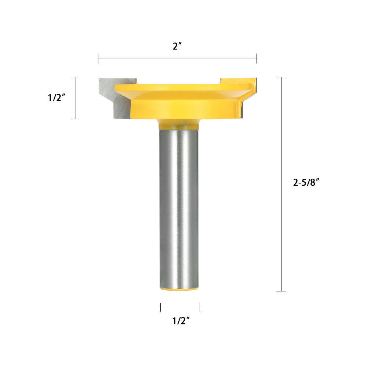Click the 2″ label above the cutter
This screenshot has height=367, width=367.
coord(177,46)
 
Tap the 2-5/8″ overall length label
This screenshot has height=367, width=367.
coord(306,182)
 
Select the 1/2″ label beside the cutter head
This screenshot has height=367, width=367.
coord(57,97)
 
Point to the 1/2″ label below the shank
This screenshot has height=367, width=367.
coord(181,320)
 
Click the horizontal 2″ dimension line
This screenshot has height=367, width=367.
coord(177,58)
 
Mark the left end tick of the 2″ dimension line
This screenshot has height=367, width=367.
coord(98,58)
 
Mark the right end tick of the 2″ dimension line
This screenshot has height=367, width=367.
coord(257,58)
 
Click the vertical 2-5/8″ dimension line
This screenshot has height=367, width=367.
coord(281,184)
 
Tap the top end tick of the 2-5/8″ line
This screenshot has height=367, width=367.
coord(281,77)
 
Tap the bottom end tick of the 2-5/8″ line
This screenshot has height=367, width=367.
coord(281,291)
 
